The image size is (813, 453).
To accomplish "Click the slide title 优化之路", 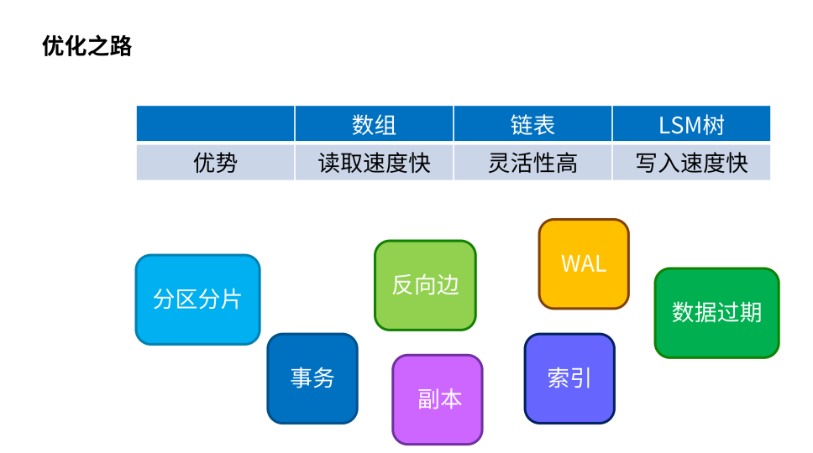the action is pos(87,46).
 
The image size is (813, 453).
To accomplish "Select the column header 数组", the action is pos(374,125).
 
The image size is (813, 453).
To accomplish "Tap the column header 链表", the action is pos(532,125).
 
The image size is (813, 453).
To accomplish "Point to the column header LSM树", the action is pos(691,125).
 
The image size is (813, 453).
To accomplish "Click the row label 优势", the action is pos(215,163).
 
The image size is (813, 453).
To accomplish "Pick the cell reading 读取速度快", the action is pos(374,163).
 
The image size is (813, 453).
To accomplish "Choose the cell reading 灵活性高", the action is pos(532,163).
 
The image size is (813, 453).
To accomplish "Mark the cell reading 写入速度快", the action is pos(691,163).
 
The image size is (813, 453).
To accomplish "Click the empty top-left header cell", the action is pos(215,123).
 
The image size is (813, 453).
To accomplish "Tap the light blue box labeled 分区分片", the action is pos(197,299).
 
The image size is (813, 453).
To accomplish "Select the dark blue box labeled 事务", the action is pos(312,378).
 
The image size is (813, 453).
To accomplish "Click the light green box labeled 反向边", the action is pos(425,285).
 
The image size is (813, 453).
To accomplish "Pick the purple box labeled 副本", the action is pos(438,399).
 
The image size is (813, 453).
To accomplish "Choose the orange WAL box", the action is pos(584,264).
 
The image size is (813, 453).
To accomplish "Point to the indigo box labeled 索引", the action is pos(569,378).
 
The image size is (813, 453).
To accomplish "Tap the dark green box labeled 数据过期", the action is pos(716,313).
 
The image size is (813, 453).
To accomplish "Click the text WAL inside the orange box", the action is pos(584,264).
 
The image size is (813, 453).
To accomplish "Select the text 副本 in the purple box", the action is pos(440,399).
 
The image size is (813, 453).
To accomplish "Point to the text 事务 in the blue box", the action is pos(312,378).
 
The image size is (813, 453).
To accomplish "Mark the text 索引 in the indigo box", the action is pos(569,378).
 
